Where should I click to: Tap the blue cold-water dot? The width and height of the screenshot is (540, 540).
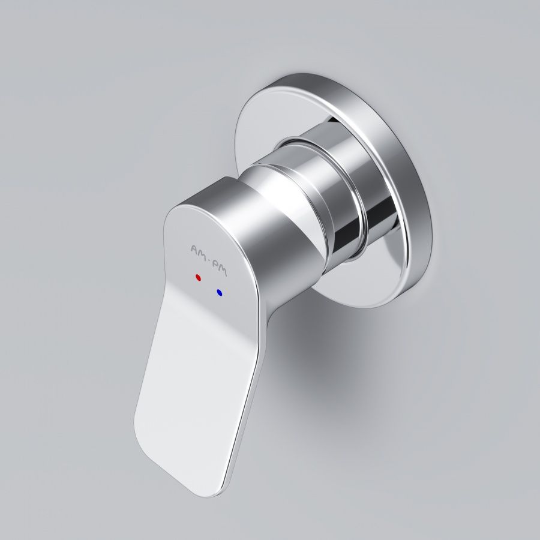[220, 293]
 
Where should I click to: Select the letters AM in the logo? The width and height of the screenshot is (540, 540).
[198, 249]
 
